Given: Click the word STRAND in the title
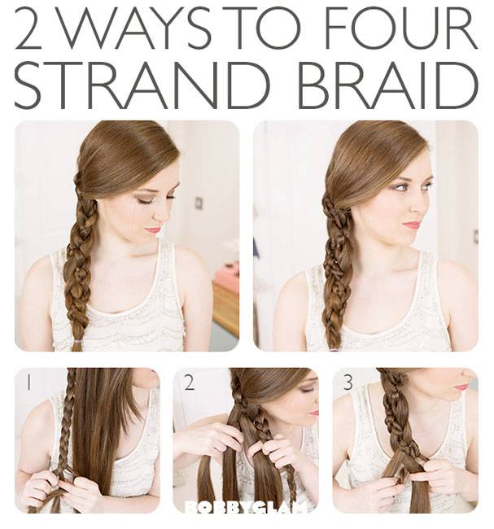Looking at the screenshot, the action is coord(142,85).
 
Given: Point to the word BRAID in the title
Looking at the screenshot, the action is coord(387,85).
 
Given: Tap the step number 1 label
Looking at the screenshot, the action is coord(29,383).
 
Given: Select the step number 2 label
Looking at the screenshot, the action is coord(190,383).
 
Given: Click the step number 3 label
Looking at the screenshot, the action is coord(348,383).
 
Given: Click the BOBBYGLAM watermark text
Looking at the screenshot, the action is coord(246,507).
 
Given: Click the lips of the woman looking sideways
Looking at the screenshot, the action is coord(412,225).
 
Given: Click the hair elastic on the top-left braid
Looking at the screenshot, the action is coord(77,342).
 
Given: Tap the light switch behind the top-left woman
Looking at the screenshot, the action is coord(199,203).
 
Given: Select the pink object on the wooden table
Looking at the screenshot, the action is coord(227,278).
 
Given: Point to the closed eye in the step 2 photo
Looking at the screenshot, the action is coord(306,391).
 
